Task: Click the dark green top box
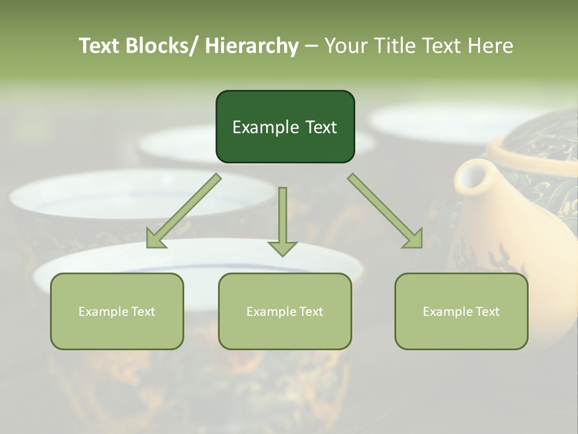point(285,127)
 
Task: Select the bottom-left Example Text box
point(117,311)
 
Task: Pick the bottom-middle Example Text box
point(285,311)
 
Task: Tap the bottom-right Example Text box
point(461,311)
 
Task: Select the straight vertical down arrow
point(282,221)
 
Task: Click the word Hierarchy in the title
point(251,46)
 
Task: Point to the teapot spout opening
point(470,177)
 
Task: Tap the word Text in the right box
point(486,312)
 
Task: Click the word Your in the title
point(344,46)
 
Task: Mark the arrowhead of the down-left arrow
point(156,239)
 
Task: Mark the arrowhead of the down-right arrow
point(412,237)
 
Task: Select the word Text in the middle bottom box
point(310,312)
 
